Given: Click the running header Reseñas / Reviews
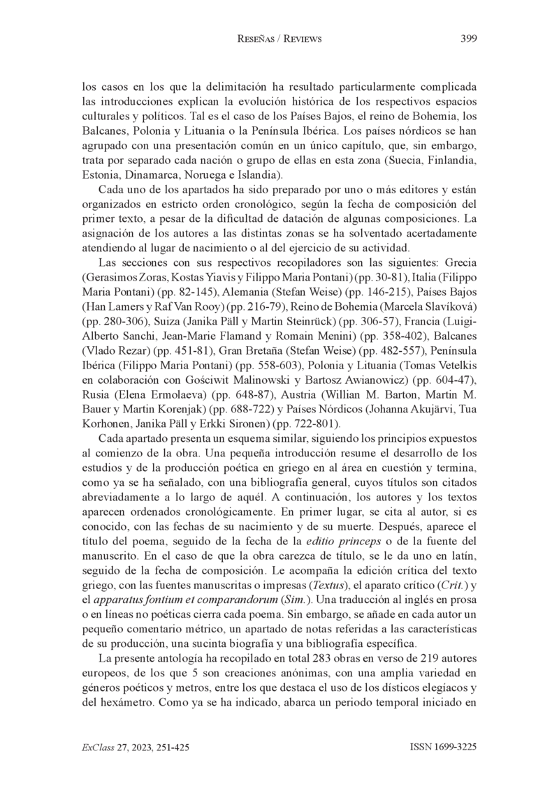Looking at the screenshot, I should coord(279,39).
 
